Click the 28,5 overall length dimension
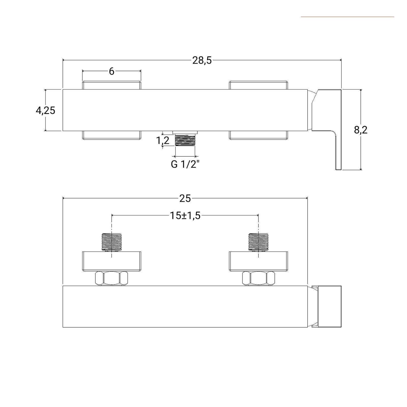click(x=202, y=61)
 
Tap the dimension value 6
click(x=111, y=71)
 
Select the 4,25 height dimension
click(x=46, y=111)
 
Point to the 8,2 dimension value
click(x=361, y=130)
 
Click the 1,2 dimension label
click(x=163, y=140)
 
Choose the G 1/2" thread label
click(x=185, y=164)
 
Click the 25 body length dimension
click(x=185, y=198)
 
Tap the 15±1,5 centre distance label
click(x=185, y=216)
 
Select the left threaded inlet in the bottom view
click(x=112, y=242)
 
